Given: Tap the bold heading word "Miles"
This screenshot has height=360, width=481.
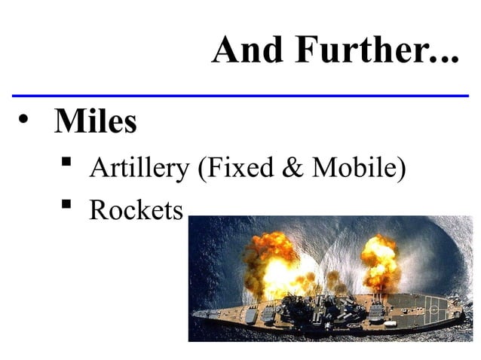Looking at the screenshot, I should coord(95,122).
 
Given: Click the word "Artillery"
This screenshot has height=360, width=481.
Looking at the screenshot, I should coord(139,168).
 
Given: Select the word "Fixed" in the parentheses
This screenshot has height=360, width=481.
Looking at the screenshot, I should coord(234,168).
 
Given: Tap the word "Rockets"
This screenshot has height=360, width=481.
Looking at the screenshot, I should coord(136,210).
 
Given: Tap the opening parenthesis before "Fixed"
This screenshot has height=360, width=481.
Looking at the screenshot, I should coord(201,169).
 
